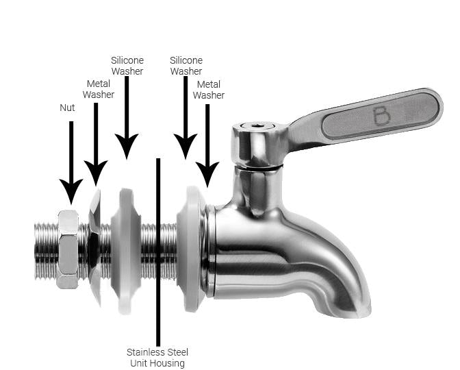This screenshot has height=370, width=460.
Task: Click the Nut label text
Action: click(x=67, y=108)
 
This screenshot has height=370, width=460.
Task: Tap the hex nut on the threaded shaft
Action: click(x=68, y=249)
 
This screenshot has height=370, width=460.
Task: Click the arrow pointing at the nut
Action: click(x=71, y=162)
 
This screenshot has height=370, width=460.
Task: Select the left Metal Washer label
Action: click(x=99, y=89)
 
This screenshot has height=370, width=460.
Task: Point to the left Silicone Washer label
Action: click(x=127, y=66)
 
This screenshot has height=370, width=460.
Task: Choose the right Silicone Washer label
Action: click(x=186, y=66)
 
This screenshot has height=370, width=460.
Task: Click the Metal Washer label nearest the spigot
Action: click(x=209, y=90)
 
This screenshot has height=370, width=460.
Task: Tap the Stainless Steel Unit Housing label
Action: click(x=157, y=358)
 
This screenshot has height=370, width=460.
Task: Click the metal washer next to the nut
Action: click(x=94, y=247)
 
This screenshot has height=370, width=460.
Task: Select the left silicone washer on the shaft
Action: click(x=126, y=251)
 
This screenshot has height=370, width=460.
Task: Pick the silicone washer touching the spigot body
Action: click(x=191, y=249)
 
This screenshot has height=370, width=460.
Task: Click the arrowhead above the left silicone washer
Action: click(x=127, y=145)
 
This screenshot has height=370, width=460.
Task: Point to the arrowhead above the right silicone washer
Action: click(x=186, y=145)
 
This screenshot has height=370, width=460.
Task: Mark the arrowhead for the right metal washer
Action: click(x=207, y=173)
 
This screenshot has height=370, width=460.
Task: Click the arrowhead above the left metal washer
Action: click(x=96, y=172)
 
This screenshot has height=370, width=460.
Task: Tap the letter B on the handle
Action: click(x=381, y=116)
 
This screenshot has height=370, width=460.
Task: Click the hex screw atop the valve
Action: click(x=258, y=126)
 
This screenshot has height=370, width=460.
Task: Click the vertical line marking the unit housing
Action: click(x=158, y=252)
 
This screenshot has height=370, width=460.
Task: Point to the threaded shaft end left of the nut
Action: click(x=46, y=251)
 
